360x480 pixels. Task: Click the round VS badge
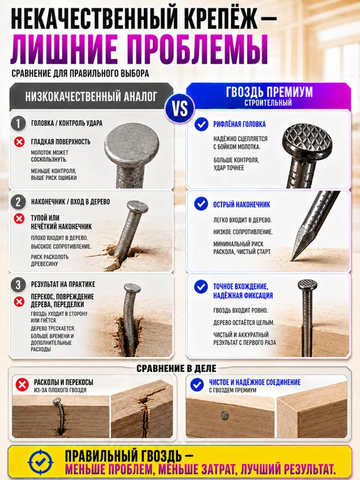(x=180, y=108)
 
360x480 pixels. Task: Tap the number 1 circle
(x=18, y=123)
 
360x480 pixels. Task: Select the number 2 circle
(x=18, y=202)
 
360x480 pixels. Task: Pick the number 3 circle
(x=18, y=285)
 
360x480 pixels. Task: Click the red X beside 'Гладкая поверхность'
(x=20, y=142)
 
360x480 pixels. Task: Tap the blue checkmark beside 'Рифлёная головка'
(x=201, y=124)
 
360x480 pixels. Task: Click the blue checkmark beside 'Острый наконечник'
(x=201, y=204)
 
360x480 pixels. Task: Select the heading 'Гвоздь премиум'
(x=269, y=92)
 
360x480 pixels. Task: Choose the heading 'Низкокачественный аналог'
(x=91, y=96)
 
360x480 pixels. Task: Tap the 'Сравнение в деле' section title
(x=177, y=368)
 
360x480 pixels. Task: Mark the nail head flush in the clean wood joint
(x=225, y=415)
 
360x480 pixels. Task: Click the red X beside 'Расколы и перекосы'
(x=22, y=384)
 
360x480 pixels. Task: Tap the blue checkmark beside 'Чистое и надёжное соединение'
(x=197, y=384)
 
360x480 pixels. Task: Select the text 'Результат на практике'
(x=63, y=285)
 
